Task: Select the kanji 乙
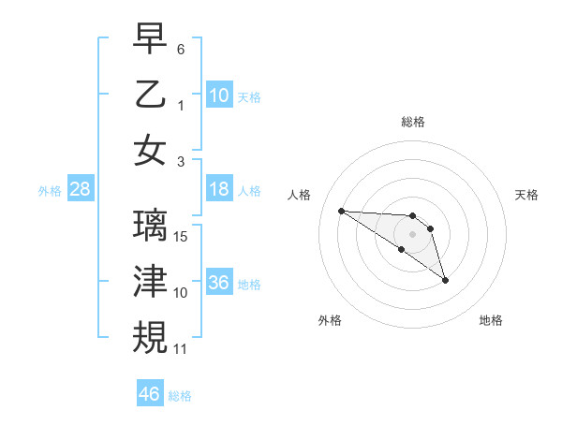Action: pyautogui.click(x=150, y=94)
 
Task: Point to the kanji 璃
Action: pyautogui.click(x=150, y=225)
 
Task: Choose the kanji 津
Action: pyautogui.click(x=150, y=280)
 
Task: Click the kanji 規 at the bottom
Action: pyautogui.click(x=150, y=335)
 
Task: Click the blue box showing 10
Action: pyautogui.click(x=219, y=95)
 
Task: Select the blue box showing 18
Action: pyautogui.click(x=219, y=189)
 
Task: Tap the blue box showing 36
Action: pyautogui.click(x=219, y=283)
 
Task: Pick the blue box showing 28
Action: pyautogui.click(x=81, y=189)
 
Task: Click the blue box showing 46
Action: pyautogui.click(x=150, y=394)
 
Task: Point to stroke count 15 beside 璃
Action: pyautogui.click(x=182, y=236)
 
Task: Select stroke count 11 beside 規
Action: pyautogui.click(x=181, y=348)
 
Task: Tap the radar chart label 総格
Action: pyautogui.click(x=412, y=122)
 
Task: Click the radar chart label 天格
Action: pyautogui.click(x=527, y=195)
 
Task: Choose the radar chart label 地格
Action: pyautogui.click(x=491, y=320)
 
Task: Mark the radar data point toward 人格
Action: pyautogui.click(x=341, y=211)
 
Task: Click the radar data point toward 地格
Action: pyautogui.click(x=445, y=280)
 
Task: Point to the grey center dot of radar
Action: pyautogui.click(x=412, y=234)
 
